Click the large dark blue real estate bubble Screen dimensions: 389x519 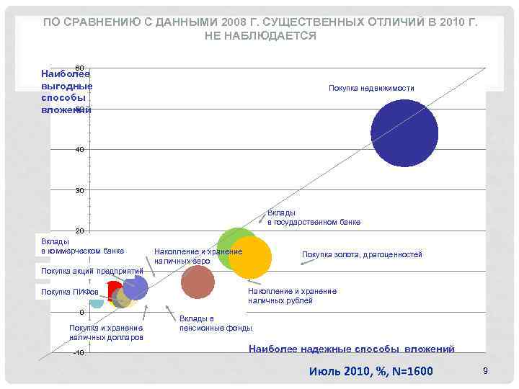(x=404, y=133)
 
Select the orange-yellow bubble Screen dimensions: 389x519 (x=249, y=256)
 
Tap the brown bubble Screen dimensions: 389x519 (x=198, y=282)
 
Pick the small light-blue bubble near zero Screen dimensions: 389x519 (x=96, y=302)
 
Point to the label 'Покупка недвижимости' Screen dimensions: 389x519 (x=371, y=88)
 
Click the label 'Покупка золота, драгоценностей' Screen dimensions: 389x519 (x=362, y=254)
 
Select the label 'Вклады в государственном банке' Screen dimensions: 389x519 (x=314, y=218)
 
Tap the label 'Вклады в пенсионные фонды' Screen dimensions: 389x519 (x=216, y=323)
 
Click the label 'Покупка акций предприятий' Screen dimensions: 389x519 (x=92, y=271)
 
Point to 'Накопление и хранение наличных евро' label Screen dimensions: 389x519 (x=198, y=255)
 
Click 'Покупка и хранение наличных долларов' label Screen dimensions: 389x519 (x=106, y=332)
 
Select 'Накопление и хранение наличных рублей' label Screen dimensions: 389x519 (x=292, y=295)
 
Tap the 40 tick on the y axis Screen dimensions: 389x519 (x=79, y=149)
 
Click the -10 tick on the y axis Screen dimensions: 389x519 (x=79, y=353)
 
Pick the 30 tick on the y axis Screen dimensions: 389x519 (x=79, y=190)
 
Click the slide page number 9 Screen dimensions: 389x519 (x=486, y=370)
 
